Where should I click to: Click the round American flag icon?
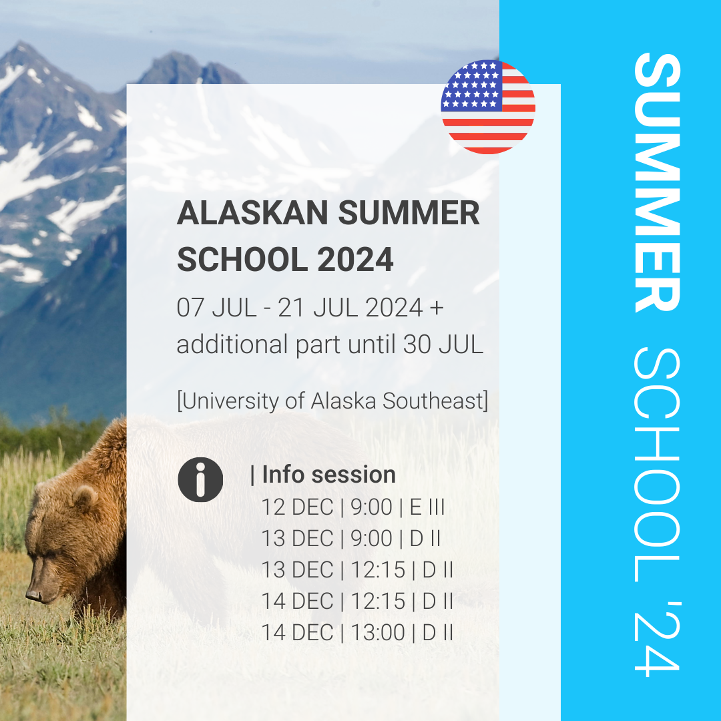pyautogui.click(x=488, y=107)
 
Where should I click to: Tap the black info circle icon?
pyautogui.click(x=200, y=479)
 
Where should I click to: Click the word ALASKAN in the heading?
pyautogui.click(x=252, y=213)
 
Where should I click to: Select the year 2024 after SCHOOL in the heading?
pyautogui.click(x=355, y=259)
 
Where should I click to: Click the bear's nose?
pyautogui.click(x=34, y=595)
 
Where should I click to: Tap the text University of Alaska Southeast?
pyautogui.click(x=332, y=401)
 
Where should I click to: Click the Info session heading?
pyautogui.click(x=323, y=475)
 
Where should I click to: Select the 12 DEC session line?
pyautogui.click(x=353, y=507)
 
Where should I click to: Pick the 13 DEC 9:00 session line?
pyautogui.click(x=351, y=539)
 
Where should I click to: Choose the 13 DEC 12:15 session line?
pyautogui.click(x=357, y=569)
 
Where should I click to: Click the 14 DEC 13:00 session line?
pyautogui.click(x=357, y=632)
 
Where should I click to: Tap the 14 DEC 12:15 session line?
pyautogui.click(x=357, y=601)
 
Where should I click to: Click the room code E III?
pyautogui.click(x=427, y=507)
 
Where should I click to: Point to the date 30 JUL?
pyautogui.click(x=443, y=344)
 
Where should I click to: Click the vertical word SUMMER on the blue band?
pyautogui.click(x=657, y=182)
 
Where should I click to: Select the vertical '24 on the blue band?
pyautogui.click(x=657, y=639)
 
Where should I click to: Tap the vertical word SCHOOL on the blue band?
pyautogui.click(x=657, y=465)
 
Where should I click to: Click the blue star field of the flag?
pyautogui.click(x=472, y=85)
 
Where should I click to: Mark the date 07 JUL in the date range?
pyautogui.click(x=216, y=308)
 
